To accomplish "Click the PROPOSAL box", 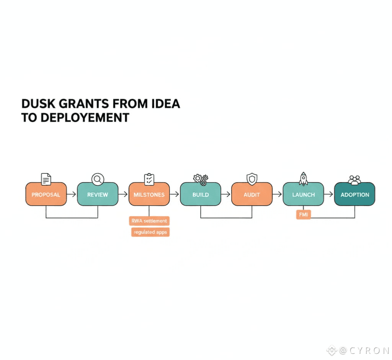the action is (46, 194).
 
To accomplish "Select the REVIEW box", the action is (98, 194).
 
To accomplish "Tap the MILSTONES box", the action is (149, 194).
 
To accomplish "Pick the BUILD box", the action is (201, 194).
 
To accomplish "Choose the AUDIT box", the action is (252, 194).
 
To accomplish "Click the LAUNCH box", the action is (303, 194).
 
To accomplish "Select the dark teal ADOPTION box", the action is (354, 194).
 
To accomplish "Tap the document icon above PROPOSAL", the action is (46, 179).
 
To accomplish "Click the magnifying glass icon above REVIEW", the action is (98, 179).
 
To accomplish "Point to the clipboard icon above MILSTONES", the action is (149, 179).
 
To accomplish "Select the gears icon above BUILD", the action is (201, 179).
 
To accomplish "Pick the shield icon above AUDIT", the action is (252, 179).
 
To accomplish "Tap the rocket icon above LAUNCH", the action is (303, 179).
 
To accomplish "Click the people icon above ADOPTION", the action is (354, 180).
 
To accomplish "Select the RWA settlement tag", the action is (149, 221).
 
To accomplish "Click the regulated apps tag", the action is (150, 232).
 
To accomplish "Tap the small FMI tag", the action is (303, 215).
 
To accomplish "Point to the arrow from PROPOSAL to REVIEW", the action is (72, 195).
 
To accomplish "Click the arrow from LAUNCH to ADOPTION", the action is (329, 195).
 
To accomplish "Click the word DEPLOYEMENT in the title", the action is (84, 117).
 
